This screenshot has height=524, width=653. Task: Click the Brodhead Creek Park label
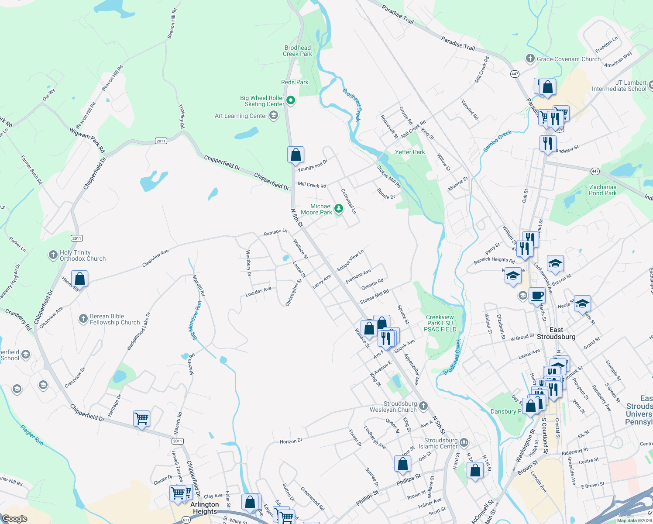click(298, 51)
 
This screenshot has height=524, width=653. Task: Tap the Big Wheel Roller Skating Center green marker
click(291, 100)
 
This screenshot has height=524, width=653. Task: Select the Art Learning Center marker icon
click(274, 115)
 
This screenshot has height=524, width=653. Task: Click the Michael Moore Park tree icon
click(339, 208)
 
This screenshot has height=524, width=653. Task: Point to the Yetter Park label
click(409, 152)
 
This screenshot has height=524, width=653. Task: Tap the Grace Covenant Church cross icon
click(530, 59)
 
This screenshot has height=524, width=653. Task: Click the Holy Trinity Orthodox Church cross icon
click(53, 255)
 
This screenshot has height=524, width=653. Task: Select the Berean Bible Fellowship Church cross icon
click(83, 319)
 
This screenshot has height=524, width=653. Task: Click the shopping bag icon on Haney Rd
click(79, 279)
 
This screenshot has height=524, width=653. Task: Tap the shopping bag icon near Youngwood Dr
click(296, 155)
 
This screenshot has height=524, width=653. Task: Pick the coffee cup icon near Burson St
click(537, 296)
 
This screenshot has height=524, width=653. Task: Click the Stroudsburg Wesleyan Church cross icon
click(423, 407)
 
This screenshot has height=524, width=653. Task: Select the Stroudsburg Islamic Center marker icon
click(464, 443)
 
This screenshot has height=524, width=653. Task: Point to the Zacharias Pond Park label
click(602, 190)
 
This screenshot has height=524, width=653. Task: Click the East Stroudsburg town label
click(556, 333)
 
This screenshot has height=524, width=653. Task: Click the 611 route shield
click(186, 520)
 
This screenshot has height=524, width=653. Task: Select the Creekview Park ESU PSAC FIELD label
click(440, 323)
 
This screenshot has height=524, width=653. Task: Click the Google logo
click(14, 519)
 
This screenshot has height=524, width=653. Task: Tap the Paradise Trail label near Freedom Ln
click(457, 43)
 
